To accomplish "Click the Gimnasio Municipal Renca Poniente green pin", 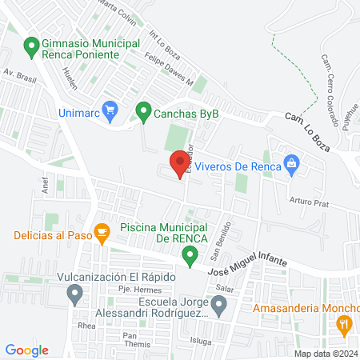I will [32, 46].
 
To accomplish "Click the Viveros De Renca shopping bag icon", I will [292, 166].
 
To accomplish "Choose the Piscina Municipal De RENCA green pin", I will [190, 256].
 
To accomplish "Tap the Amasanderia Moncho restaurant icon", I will [344, 324].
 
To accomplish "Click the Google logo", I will [27, 350].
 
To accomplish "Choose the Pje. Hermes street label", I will [113, 287].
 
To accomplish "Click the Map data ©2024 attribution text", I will [326, 354].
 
